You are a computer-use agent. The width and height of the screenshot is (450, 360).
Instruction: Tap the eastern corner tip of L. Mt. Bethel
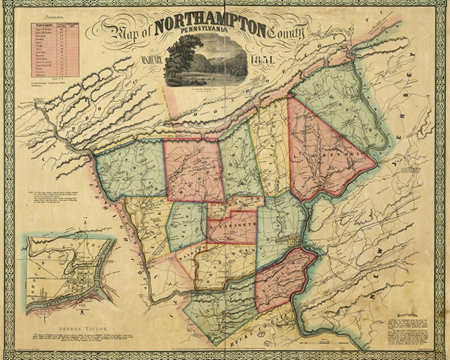pyautogui.click(x=377, y=164)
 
